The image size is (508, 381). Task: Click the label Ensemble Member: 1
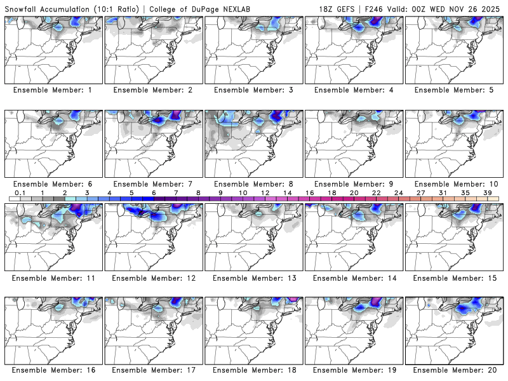click(53, 90)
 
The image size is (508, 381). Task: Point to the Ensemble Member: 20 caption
click(454, 370)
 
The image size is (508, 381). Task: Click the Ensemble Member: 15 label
click(454, 278)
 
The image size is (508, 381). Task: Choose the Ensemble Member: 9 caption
click(354, 184)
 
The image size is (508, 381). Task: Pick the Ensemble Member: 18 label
click(253, 370)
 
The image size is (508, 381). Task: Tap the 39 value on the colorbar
click(487, 192)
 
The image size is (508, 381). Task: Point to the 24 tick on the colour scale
click(398, 192)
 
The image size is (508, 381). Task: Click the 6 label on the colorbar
click(154, 192)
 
